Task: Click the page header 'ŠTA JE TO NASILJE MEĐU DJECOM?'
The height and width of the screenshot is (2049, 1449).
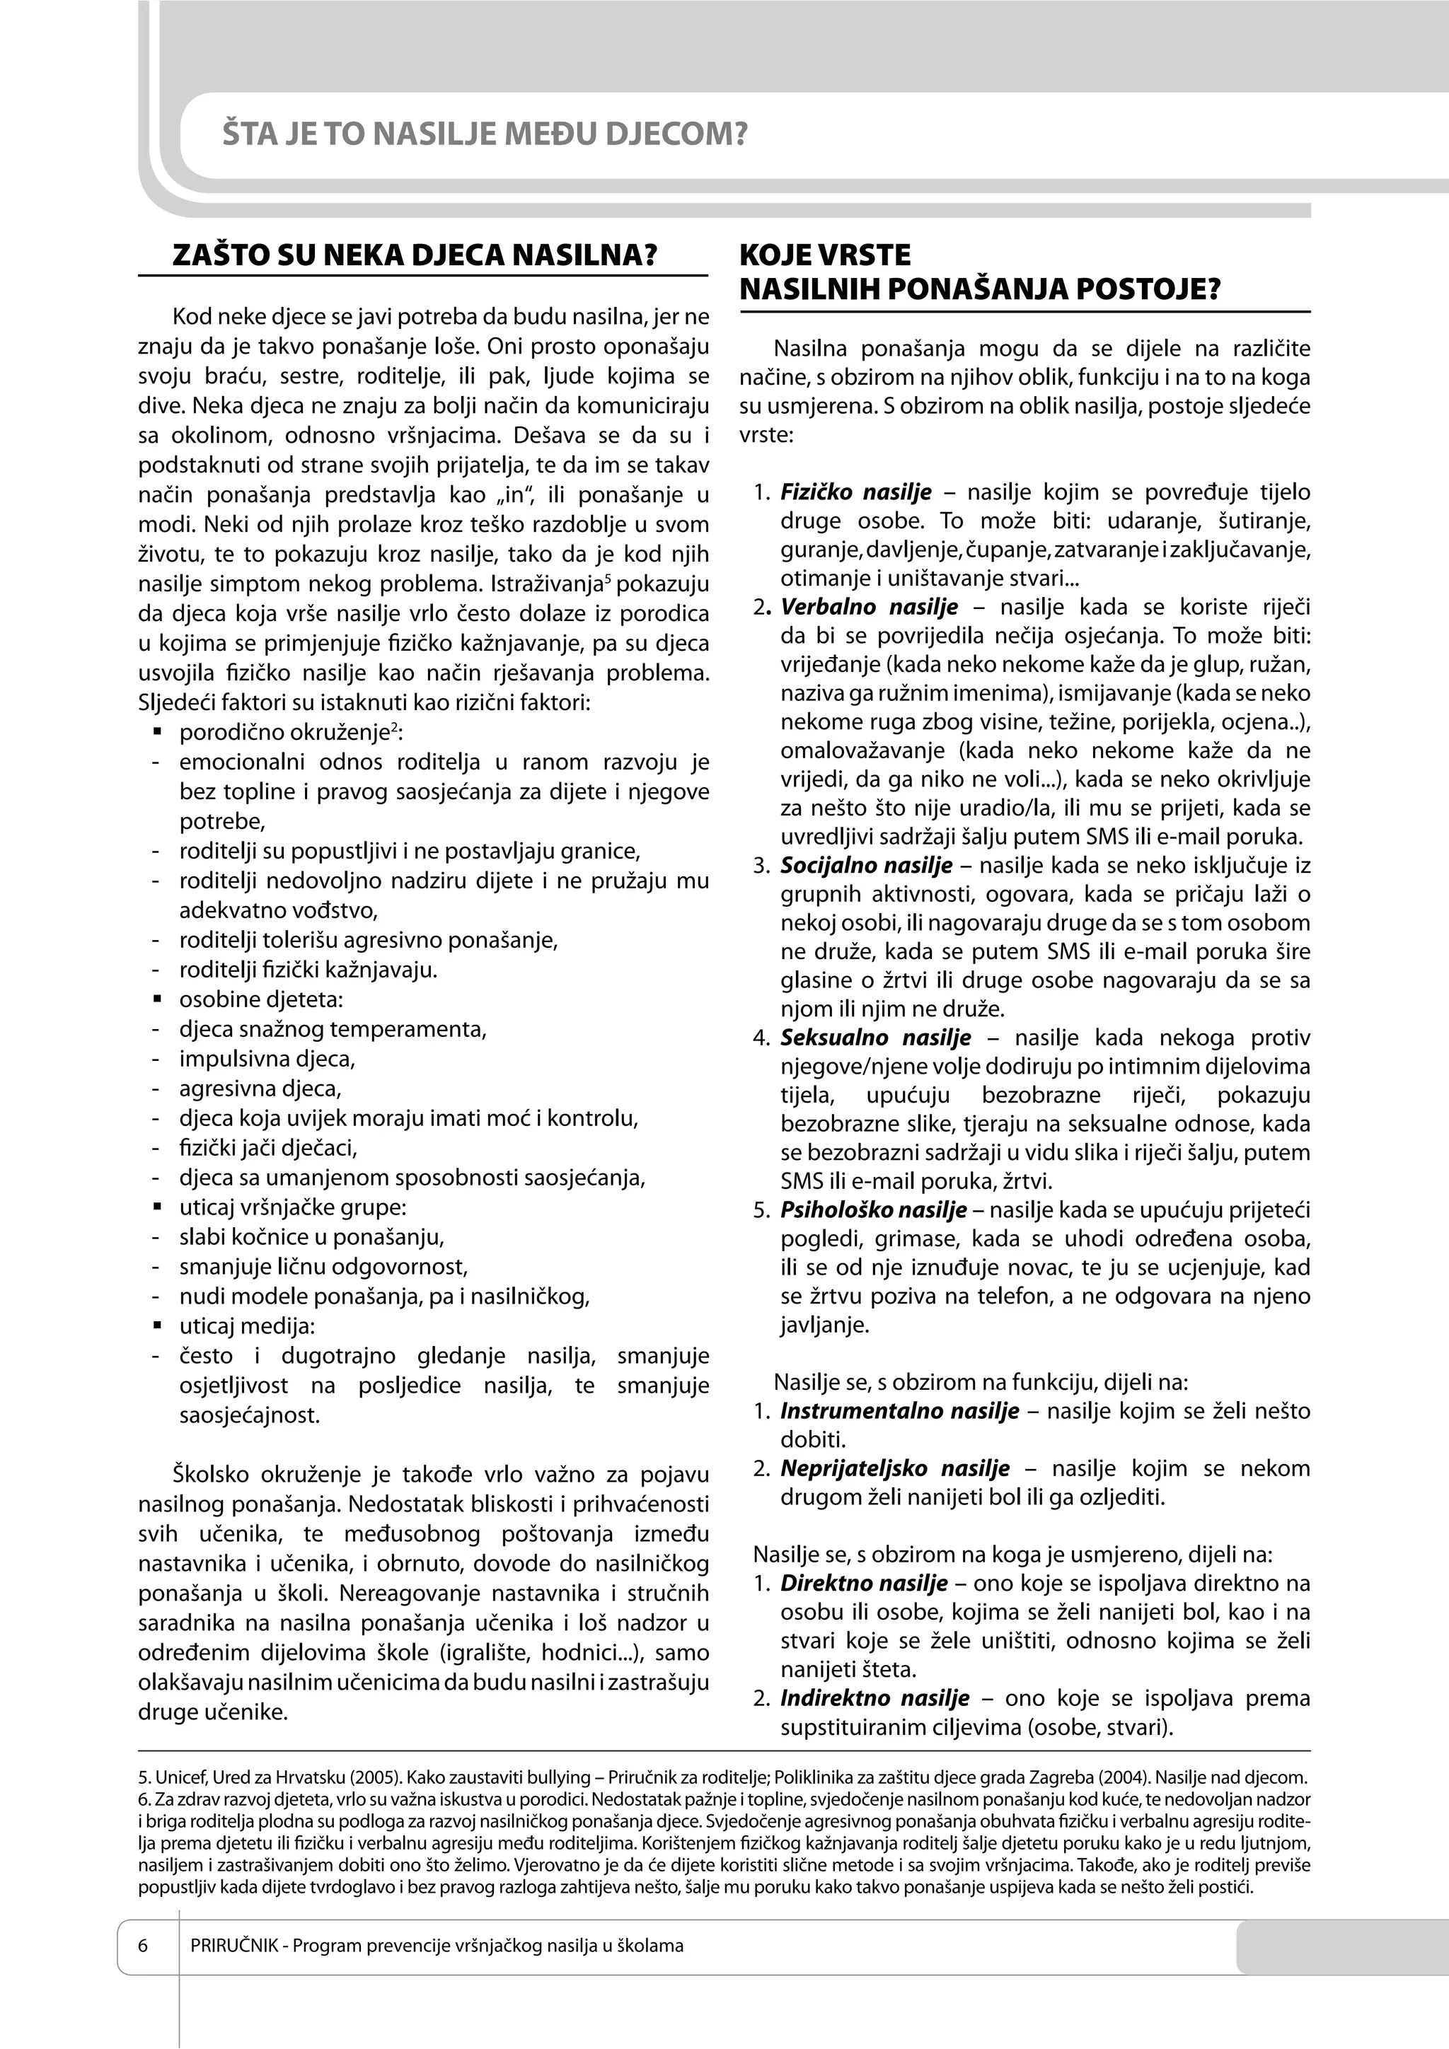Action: coord(484,135)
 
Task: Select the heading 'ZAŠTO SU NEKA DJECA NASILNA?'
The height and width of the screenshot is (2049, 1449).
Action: coord(415,256)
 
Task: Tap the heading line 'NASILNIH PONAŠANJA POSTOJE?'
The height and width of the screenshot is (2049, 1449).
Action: coord(979,290)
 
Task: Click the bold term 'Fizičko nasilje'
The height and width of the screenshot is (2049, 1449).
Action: coord(855,492)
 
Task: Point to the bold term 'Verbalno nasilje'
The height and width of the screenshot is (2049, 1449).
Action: coord(869,608)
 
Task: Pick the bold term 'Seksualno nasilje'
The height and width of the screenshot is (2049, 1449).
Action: coord(875,1038)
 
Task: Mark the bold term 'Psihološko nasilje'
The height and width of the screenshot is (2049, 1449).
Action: coord(873,1210)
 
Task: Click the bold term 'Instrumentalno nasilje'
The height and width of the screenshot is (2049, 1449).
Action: coord(899,1411)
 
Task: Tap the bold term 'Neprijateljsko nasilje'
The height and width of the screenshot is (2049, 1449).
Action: coord(894,1468)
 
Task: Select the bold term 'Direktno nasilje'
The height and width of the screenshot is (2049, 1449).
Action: coord(863,1583)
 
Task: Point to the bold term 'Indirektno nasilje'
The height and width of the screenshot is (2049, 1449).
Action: coord(874,1698)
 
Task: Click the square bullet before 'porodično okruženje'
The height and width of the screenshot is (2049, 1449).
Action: coord(157,733)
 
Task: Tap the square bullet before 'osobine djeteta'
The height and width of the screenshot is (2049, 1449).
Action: coord(157,999)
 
